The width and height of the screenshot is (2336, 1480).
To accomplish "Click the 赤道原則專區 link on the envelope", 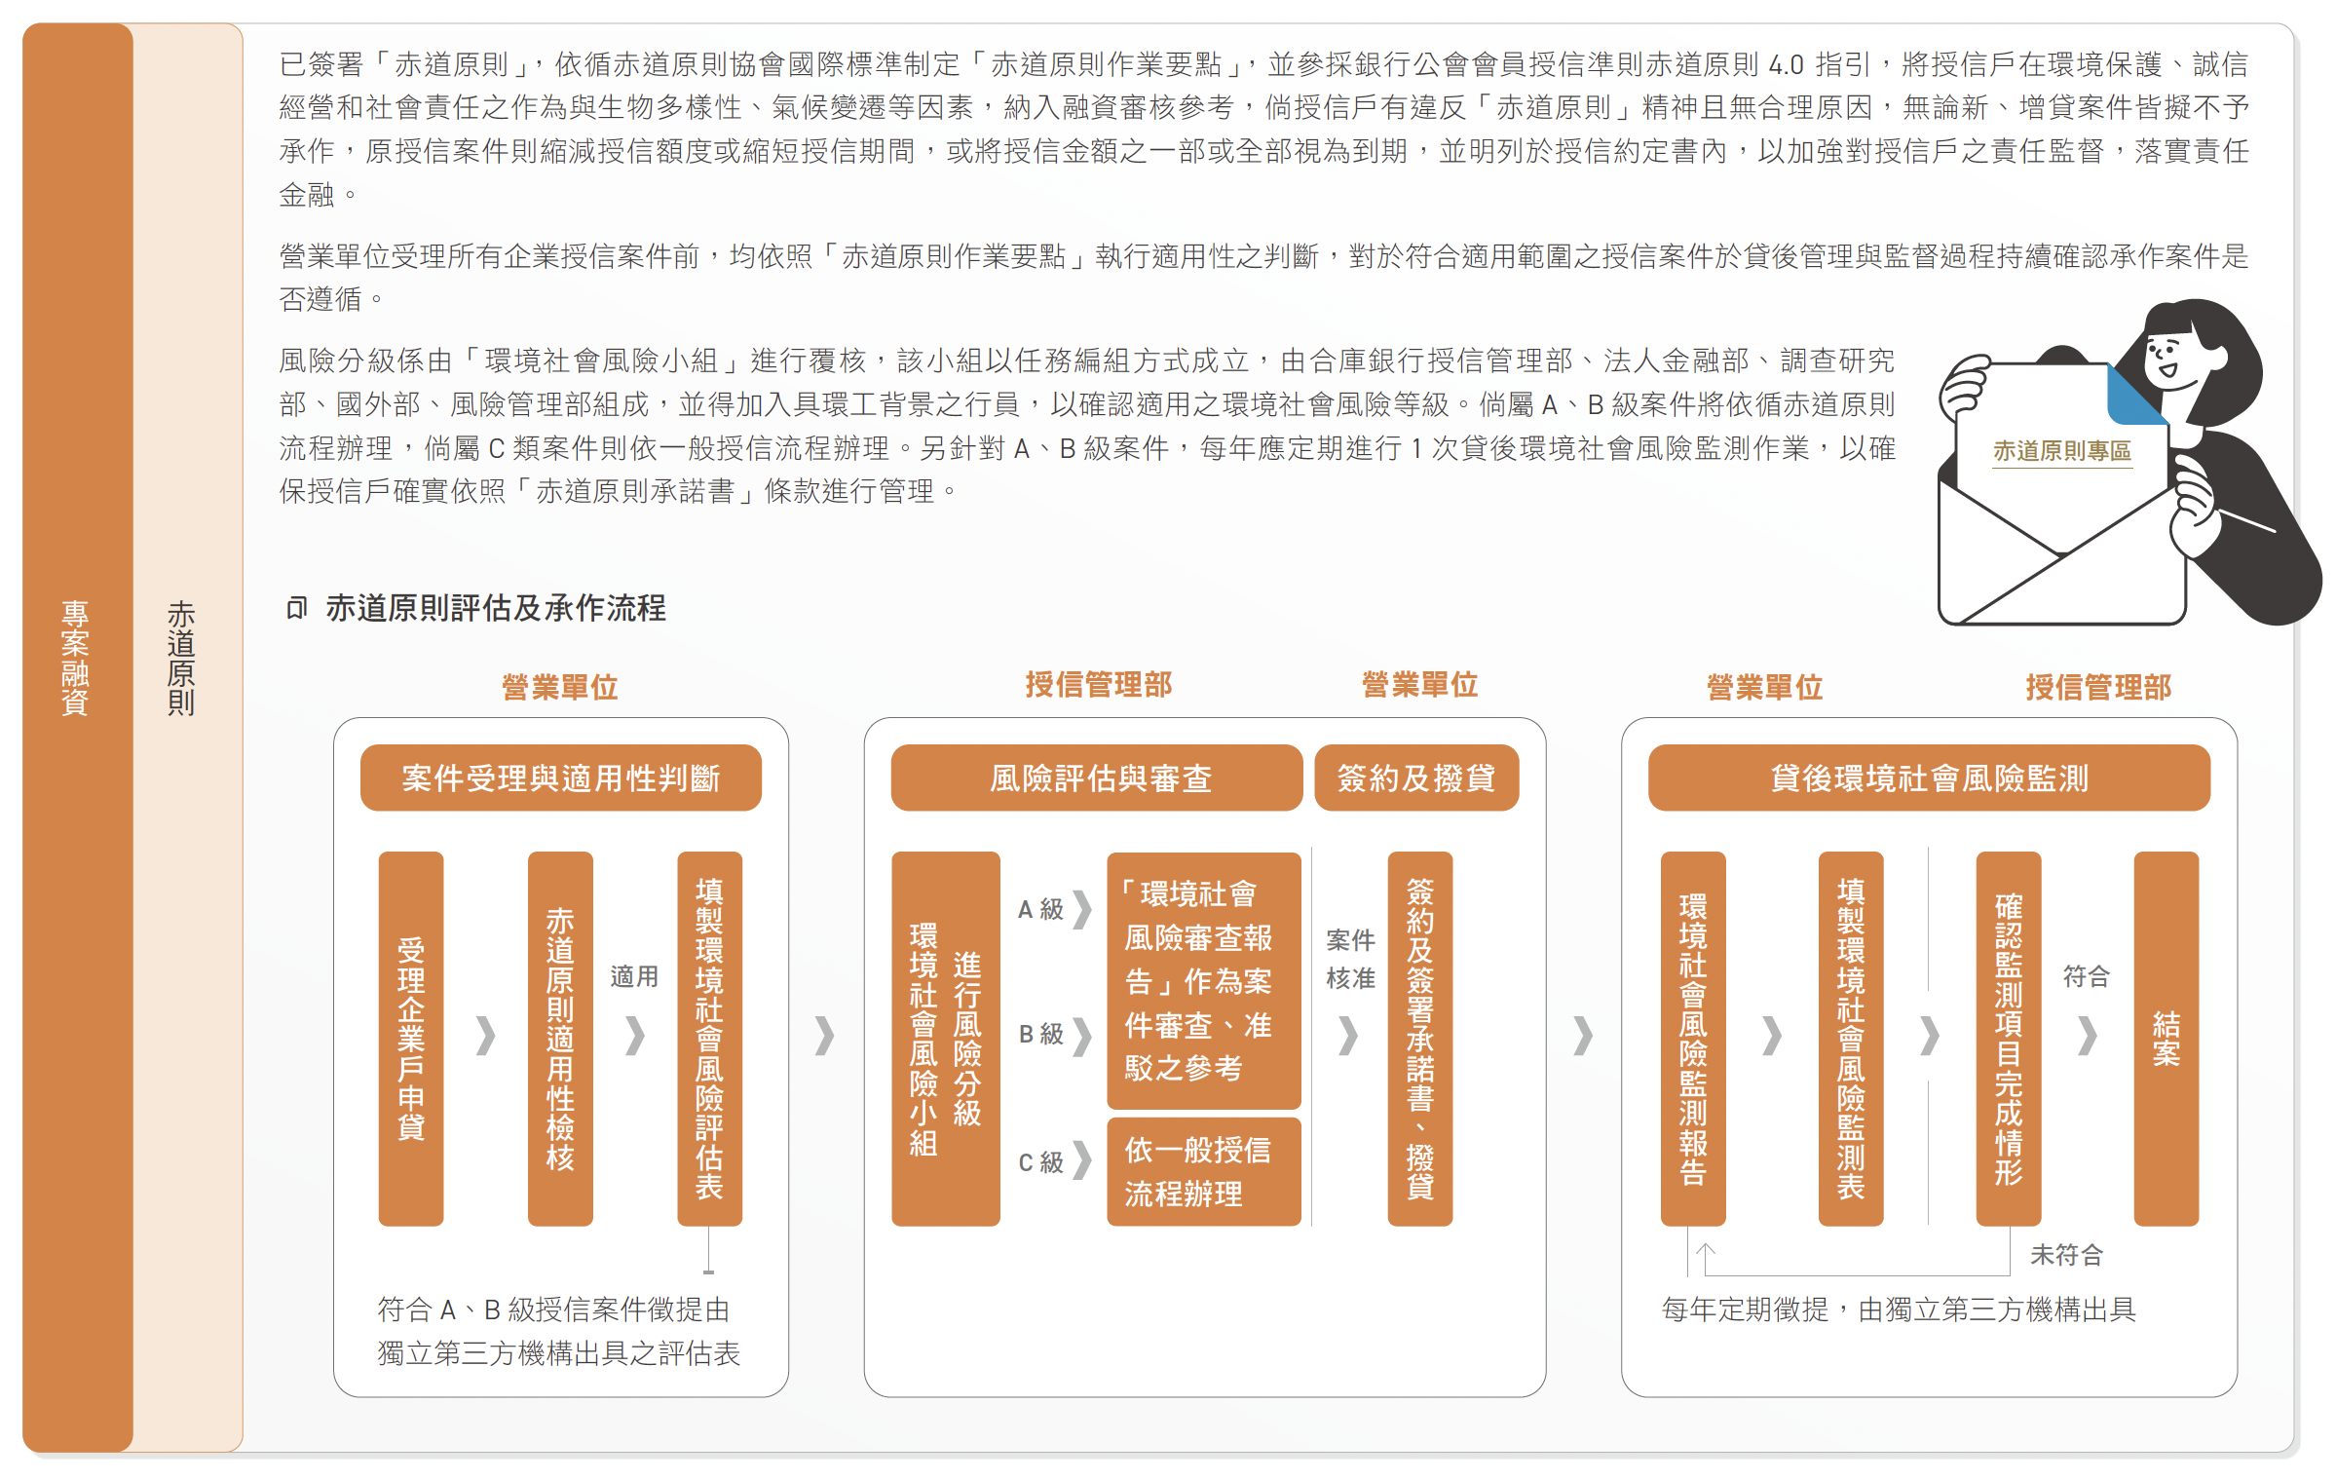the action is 2061,451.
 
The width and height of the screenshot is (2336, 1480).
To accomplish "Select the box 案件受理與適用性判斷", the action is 561,778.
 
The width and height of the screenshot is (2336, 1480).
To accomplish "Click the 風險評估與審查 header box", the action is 1097,778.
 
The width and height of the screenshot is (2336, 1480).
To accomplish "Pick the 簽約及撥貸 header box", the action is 1416,778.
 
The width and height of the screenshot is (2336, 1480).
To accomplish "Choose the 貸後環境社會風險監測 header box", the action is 1929,778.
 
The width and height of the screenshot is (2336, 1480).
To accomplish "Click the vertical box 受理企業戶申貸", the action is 411,1039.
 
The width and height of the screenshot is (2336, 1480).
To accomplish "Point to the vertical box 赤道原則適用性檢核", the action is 560,1039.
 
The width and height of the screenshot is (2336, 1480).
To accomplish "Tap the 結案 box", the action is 2166,1039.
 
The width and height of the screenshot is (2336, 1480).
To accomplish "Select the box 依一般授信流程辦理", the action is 1204,1171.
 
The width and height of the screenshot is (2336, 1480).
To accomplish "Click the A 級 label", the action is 1040,909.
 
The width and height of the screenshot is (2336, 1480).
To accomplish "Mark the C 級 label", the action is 1040,1162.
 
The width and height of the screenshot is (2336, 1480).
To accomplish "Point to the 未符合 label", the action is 2066,1255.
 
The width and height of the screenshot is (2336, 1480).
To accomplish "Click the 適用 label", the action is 634,976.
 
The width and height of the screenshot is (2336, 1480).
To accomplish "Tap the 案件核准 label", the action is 1350,959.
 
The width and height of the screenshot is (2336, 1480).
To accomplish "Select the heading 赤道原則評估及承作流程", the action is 496,608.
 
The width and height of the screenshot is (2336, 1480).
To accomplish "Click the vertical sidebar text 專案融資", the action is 76,658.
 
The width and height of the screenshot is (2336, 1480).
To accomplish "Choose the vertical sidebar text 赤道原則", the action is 181,658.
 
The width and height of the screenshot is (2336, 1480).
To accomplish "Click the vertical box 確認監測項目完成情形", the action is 2009,1039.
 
